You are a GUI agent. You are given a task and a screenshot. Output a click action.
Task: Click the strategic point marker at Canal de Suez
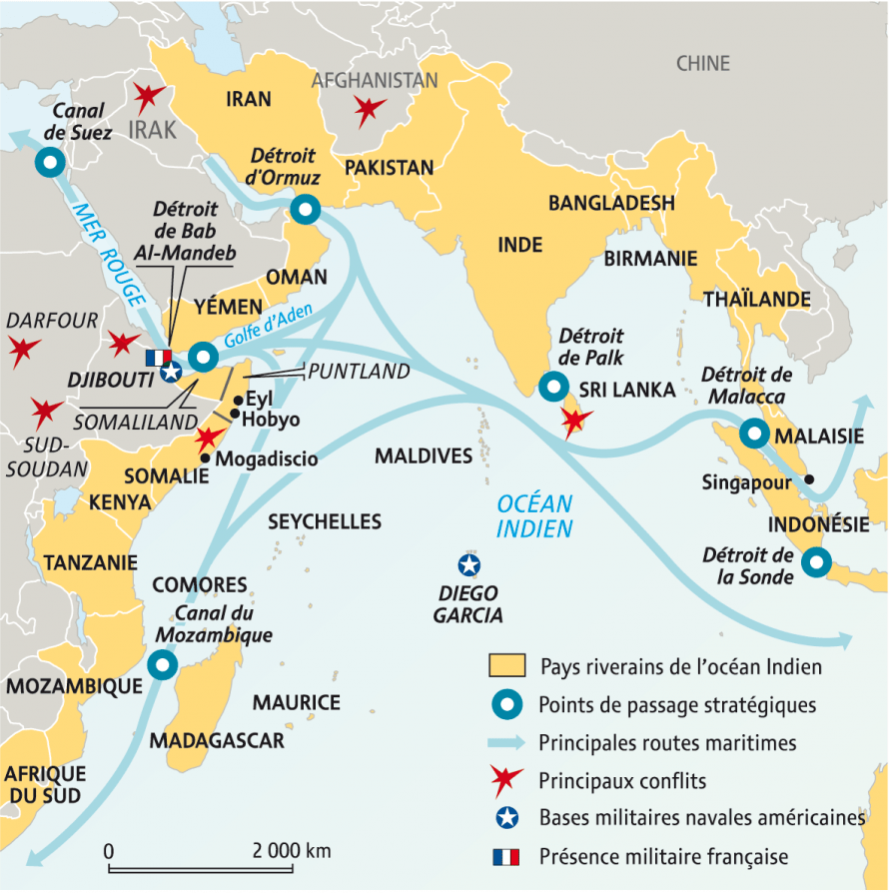[47, 161]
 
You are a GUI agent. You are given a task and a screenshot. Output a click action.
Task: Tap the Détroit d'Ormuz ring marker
[304, 210]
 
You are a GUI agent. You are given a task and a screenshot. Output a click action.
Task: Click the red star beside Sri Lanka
[576, 422]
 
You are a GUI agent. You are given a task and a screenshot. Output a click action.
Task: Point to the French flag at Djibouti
[159, 357]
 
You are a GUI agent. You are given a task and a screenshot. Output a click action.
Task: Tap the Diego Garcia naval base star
[466, 565]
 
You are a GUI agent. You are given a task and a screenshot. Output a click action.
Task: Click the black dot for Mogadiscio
[205, 458]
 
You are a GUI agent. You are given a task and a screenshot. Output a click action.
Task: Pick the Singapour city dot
[808, 478]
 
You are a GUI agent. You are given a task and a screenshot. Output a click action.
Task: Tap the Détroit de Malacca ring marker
[754, 435]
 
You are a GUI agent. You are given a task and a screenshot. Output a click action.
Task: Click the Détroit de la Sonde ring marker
[816, 563]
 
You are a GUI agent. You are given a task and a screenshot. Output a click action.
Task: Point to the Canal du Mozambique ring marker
[161, 664]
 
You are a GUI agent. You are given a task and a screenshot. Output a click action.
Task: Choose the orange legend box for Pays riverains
[507, 666]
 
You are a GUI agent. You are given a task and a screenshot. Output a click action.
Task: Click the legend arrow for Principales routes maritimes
[507, 742]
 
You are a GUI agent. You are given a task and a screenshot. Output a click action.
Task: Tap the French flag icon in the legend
[507, 856]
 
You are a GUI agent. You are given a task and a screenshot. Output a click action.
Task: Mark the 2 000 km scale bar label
[291, 851]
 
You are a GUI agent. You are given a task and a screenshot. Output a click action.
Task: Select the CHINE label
[703, 64]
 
